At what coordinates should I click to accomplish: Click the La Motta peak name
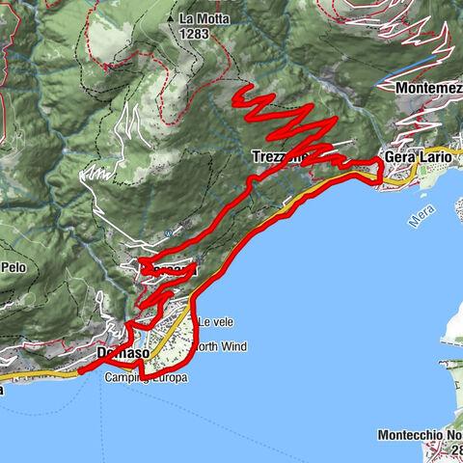pyautogui.click(x=203, y=18)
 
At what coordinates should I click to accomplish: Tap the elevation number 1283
pyautogui.click(x=194, y=32)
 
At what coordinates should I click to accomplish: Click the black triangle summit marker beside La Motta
pyautogui.click(x=170, y=18)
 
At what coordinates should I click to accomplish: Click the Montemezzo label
pyautogui.click(x=428, y=86)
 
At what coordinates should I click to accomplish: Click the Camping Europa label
pyautogui.click(x=147, y=378)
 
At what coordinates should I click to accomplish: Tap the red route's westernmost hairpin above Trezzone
pyautogui.click(x=241, y=95)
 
